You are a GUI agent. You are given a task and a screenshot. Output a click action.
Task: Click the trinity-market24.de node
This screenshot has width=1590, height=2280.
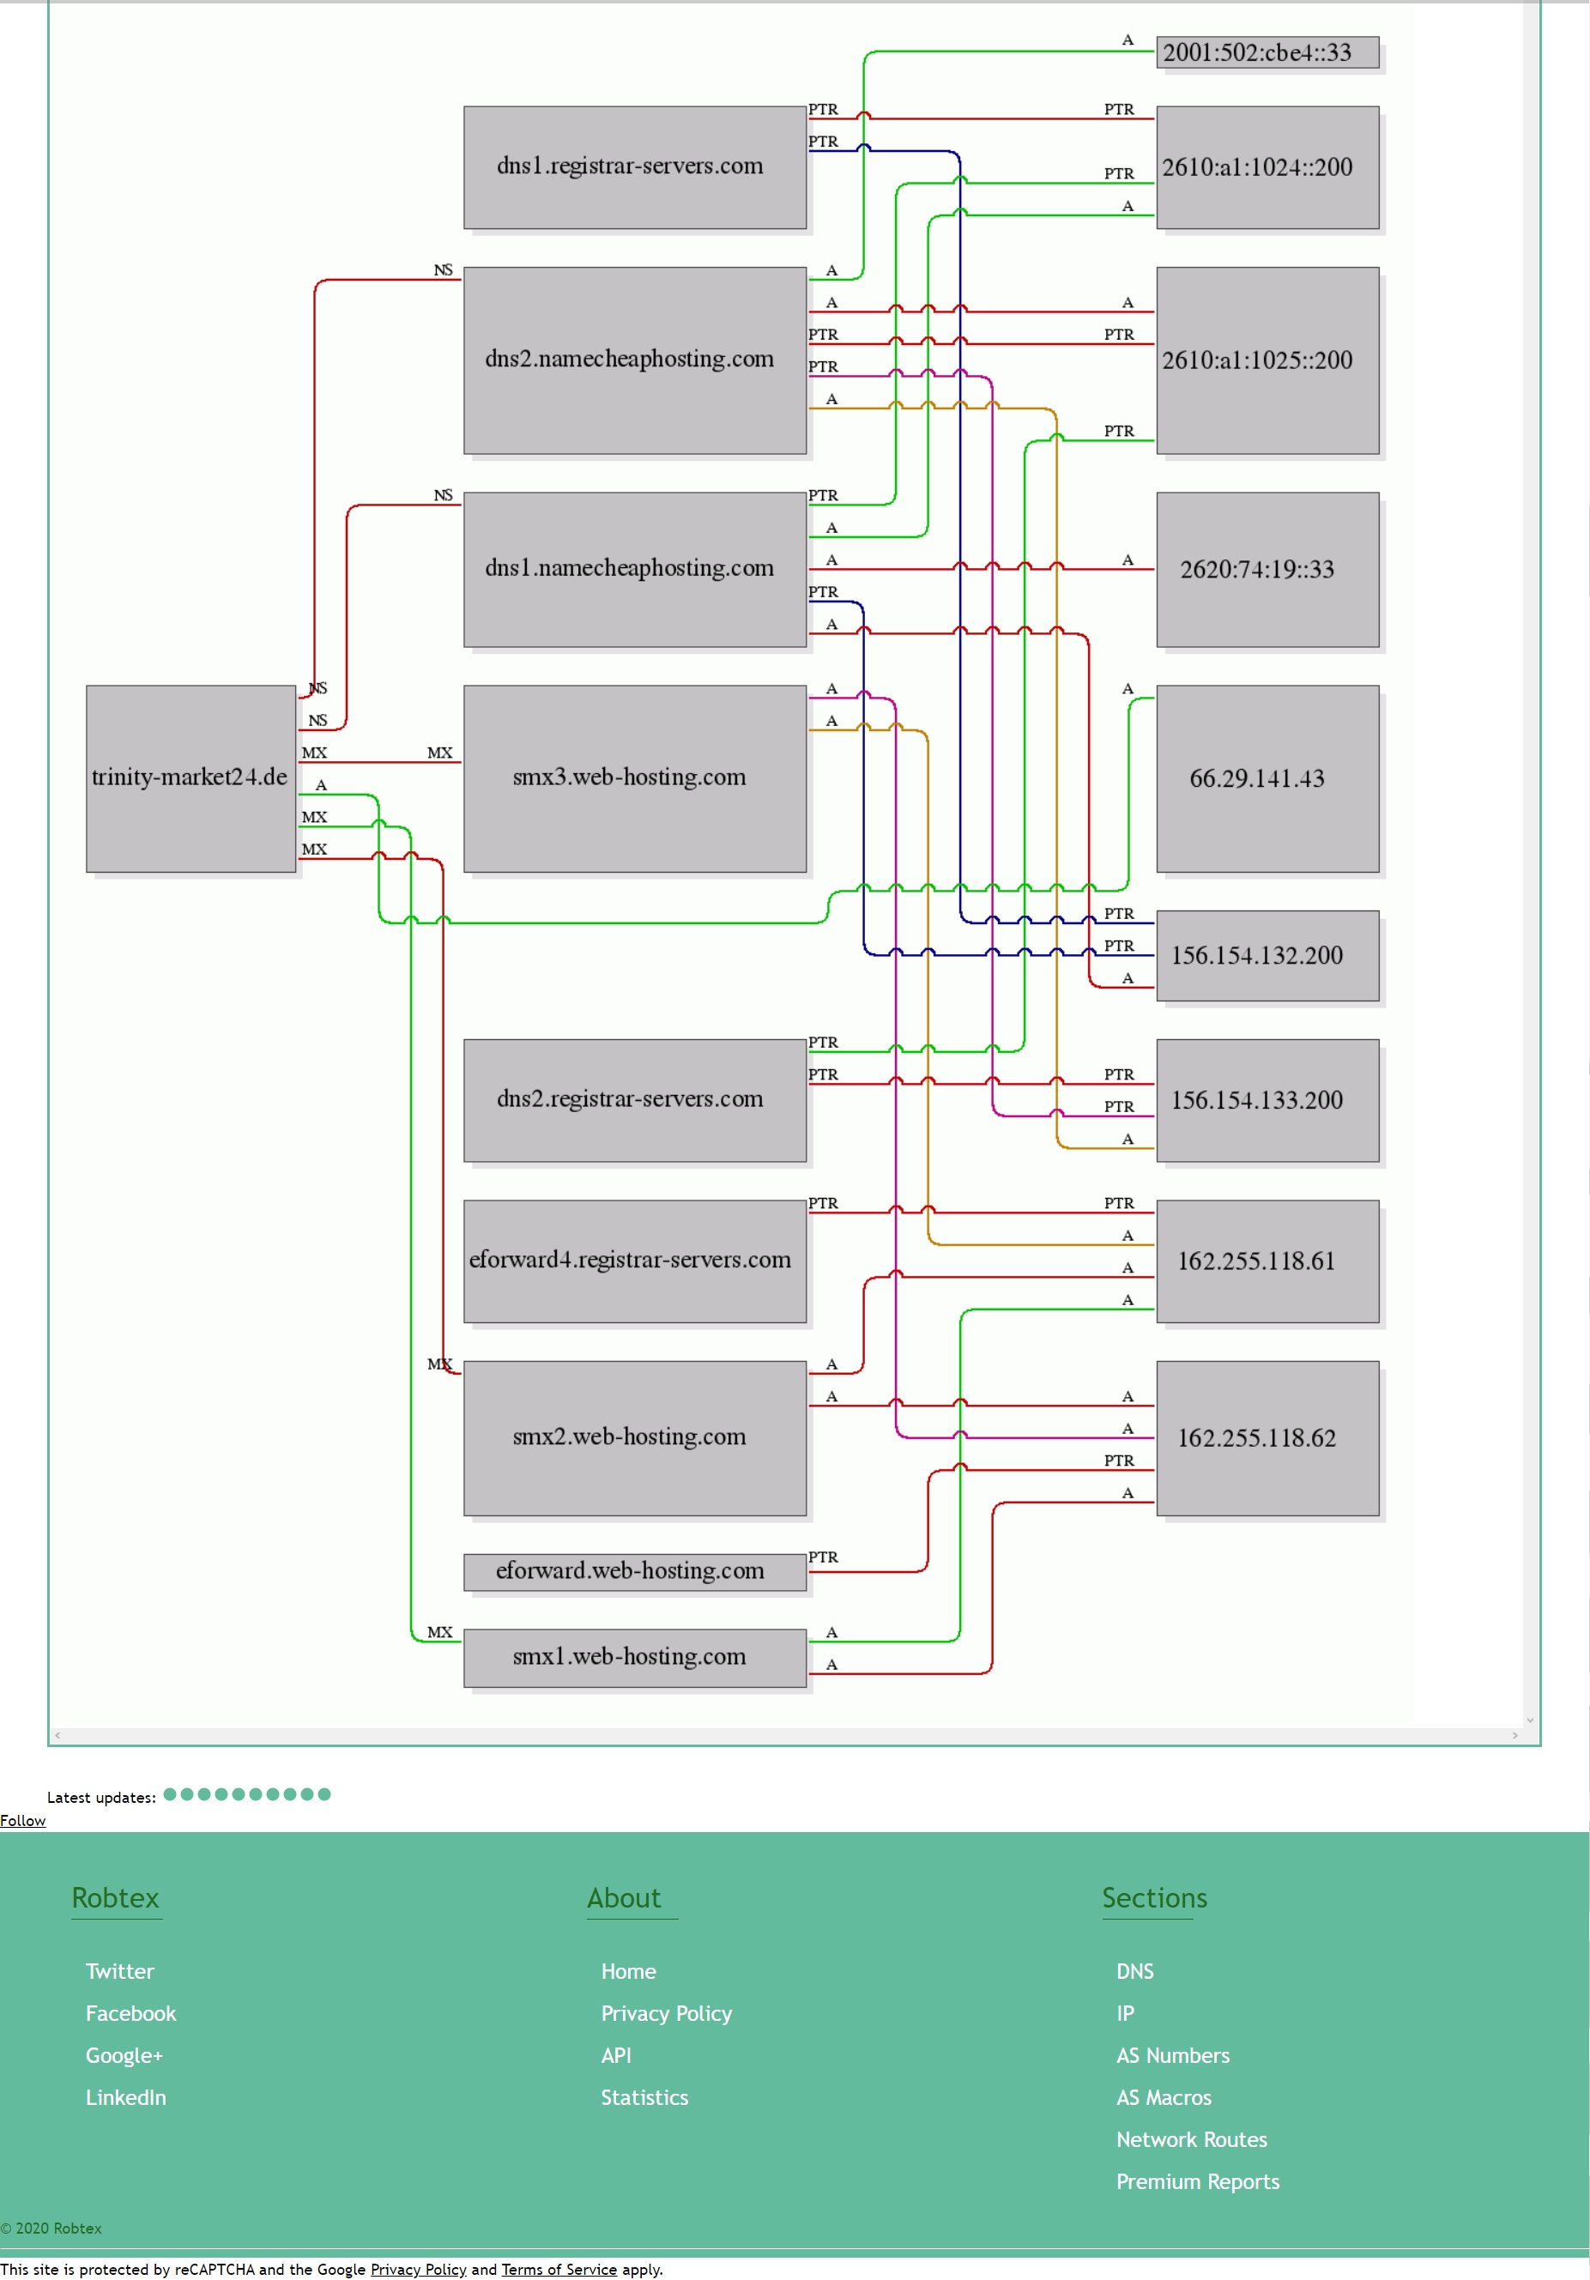coord(190,778)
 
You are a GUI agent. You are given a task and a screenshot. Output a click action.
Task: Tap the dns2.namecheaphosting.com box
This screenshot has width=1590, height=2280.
coord(635,360)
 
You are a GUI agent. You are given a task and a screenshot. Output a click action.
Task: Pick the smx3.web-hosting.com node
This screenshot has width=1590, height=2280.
coord(635,778)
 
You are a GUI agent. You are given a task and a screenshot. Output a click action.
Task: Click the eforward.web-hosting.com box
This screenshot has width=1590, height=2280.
coord(635,1572)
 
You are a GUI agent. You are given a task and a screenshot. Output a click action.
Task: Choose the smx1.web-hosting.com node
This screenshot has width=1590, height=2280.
coord(635,1657)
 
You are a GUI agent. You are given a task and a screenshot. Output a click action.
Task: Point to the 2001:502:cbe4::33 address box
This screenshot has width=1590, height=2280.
coord(1267,52)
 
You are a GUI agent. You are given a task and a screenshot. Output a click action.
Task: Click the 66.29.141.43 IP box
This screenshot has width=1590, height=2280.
coord(1267,778)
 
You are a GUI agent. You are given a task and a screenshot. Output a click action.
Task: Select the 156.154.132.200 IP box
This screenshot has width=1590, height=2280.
coord(1267,955)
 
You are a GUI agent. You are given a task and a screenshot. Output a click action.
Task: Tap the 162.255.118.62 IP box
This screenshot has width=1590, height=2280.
coord(1267,1438)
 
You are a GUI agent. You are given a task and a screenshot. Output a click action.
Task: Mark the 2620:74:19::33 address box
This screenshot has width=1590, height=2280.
coord(1267,570)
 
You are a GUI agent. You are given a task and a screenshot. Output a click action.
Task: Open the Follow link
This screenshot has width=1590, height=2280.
coord(23,1820)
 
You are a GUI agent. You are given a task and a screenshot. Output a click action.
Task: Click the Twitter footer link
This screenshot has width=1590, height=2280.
coord(120,1971)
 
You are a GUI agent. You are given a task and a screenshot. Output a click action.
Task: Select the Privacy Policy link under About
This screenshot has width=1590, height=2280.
coord(667,2013)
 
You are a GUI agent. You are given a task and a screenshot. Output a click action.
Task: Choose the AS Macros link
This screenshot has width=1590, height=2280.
coord(1164,2097)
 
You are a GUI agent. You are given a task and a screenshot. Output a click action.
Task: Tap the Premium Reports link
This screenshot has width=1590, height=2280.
coord(1198,2181)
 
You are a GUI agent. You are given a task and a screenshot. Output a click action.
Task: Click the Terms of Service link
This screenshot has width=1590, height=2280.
coord(559,2269)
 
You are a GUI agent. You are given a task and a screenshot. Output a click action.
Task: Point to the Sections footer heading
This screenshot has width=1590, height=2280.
coord(1155,1897)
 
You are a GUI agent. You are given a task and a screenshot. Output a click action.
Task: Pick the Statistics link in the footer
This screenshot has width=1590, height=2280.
coord(644,2097)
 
